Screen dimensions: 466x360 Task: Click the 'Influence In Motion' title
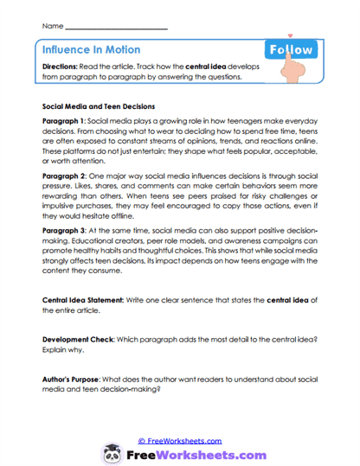[91, 50]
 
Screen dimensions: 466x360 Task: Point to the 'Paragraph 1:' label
[66, 122]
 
